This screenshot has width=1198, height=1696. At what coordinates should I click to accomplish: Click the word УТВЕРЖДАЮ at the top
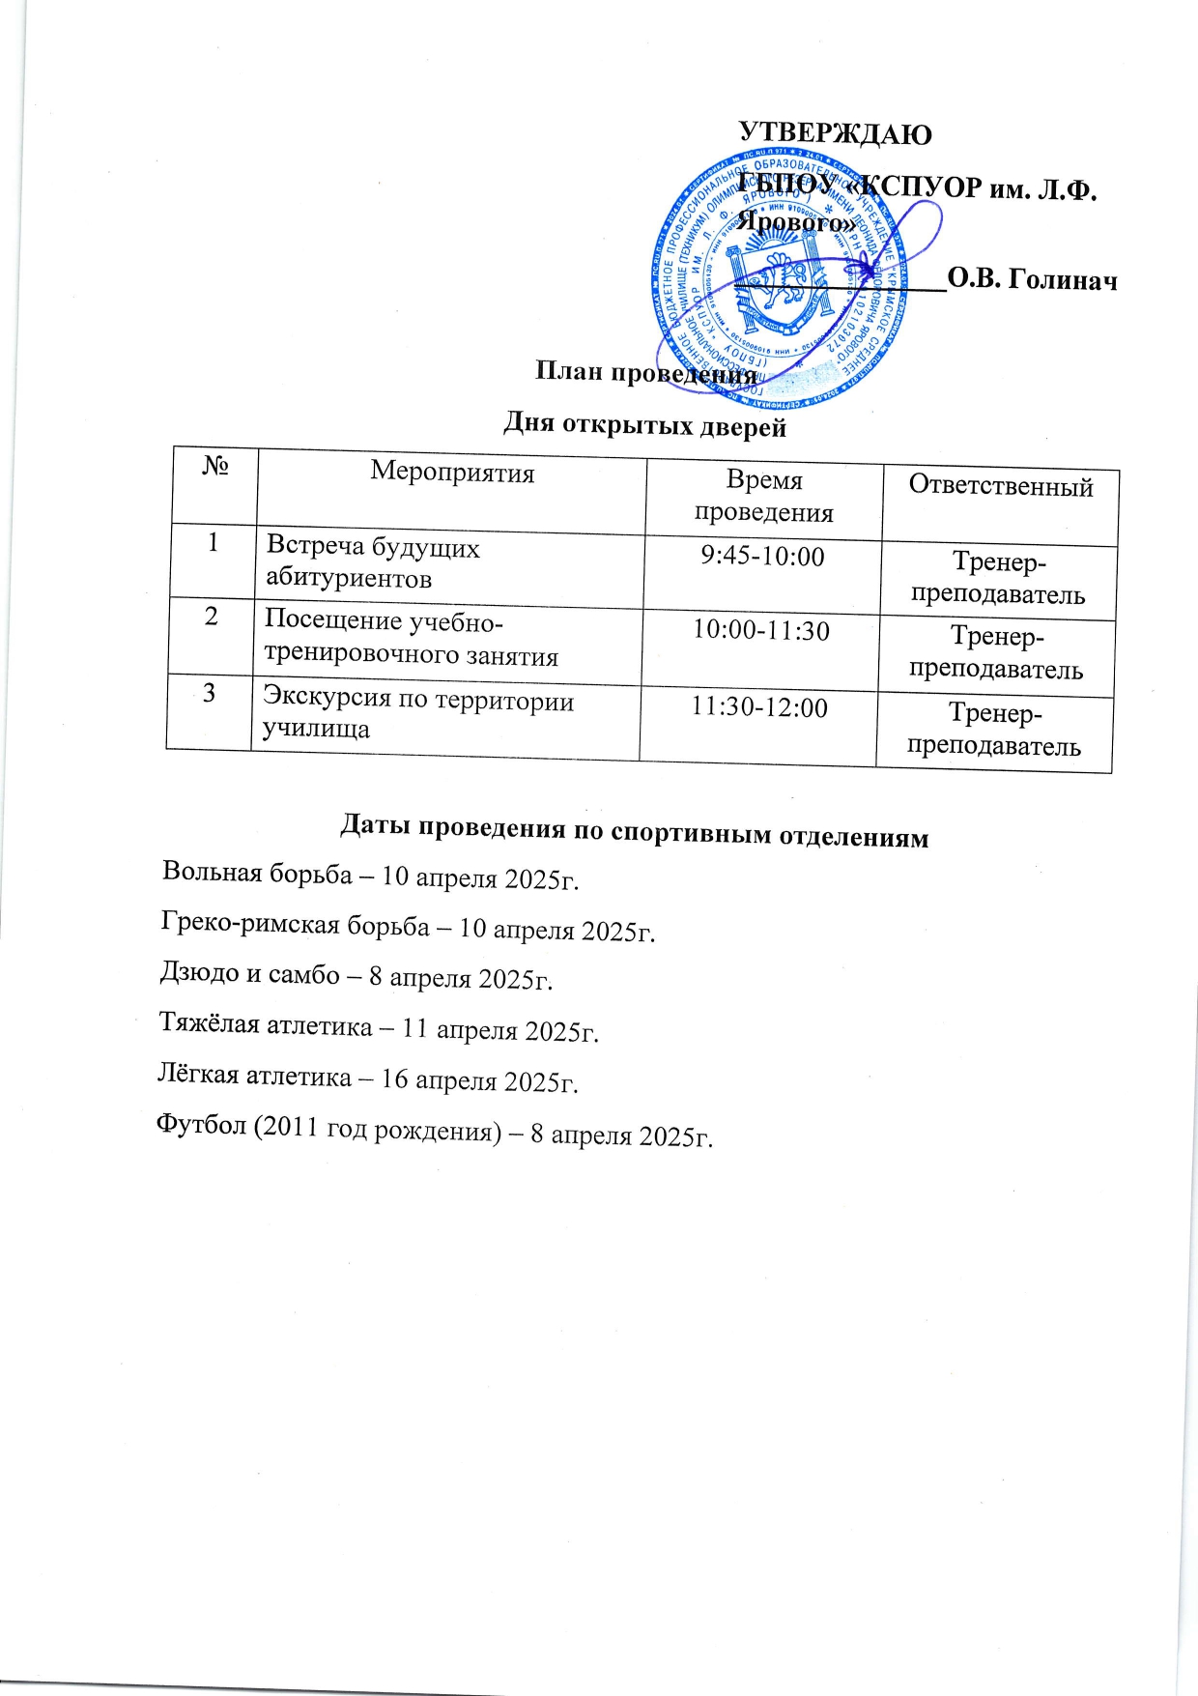click(835, 133)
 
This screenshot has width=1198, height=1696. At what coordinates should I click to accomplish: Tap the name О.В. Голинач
click(1032, 279)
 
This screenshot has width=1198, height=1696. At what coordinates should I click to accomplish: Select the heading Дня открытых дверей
click(644, 425)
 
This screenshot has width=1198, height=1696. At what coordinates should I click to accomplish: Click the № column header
click(215, 468)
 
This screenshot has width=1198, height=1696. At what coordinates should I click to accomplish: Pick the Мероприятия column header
click(452, 473)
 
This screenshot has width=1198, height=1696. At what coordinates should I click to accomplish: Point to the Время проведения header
click(764, 496)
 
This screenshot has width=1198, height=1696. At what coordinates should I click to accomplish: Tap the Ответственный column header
click(1001, 486)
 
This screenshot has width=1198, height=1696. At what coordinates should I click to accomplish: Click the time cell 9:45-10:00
click(762, 557)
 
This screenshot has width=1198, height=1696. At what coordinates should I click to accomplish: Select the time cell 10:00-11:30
click(761, 631)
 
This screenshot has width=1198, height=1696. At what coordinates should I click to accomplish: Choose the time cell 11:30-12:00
click(759, 707)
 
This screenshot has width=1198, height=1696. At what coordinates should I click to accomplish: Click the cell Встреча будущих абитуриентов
click(373, 562)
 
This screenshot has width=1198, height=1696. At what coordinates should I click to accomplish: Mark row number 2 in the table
click(212, 616)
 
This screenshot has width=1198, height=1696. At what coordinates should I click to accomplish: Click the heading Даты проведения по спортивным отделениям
click(634, 832)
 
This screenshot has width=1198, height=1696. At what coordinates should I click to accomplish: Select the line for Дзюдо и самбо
click(356, 976)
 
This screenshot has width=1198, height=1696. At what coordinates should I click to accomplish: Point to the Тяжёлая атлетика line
click(378, 1027)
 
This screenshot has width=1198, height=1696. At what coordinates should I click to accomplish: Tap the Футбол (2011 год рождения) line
click(434, 1131)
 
